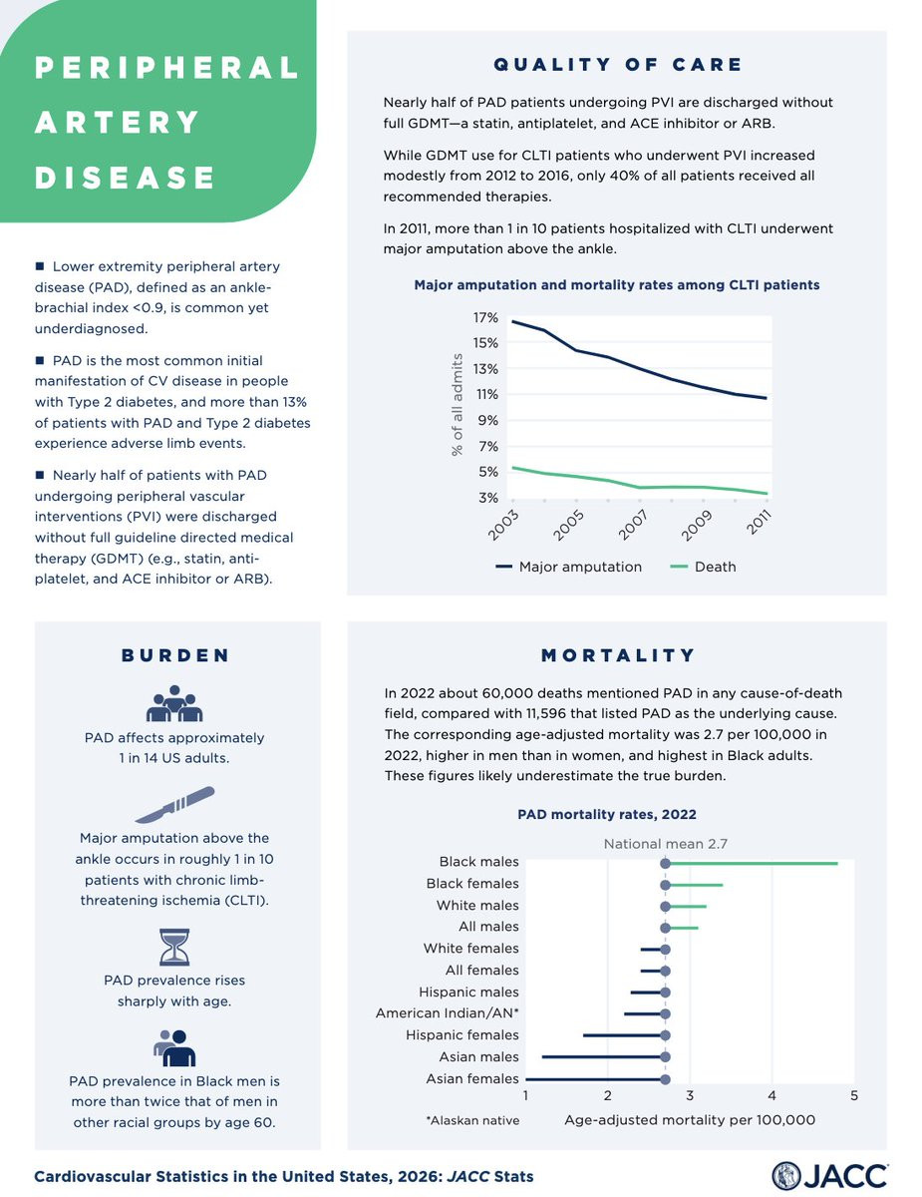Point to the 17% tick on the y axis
(485, 317)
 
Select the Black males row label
(478, 862)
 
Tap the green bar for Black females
(694, 885)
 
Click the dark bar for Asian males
(603, 1056)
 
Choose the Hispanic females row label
(462, 1035)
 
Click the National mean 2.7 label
(665, 844)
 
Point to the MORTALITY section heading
(618, 655)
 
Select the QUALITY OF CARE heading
(618, 65)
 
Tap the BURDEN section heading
(175, 655)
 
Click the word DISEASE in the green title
(126, 179)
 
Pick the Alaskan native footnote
(471, 1120)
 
